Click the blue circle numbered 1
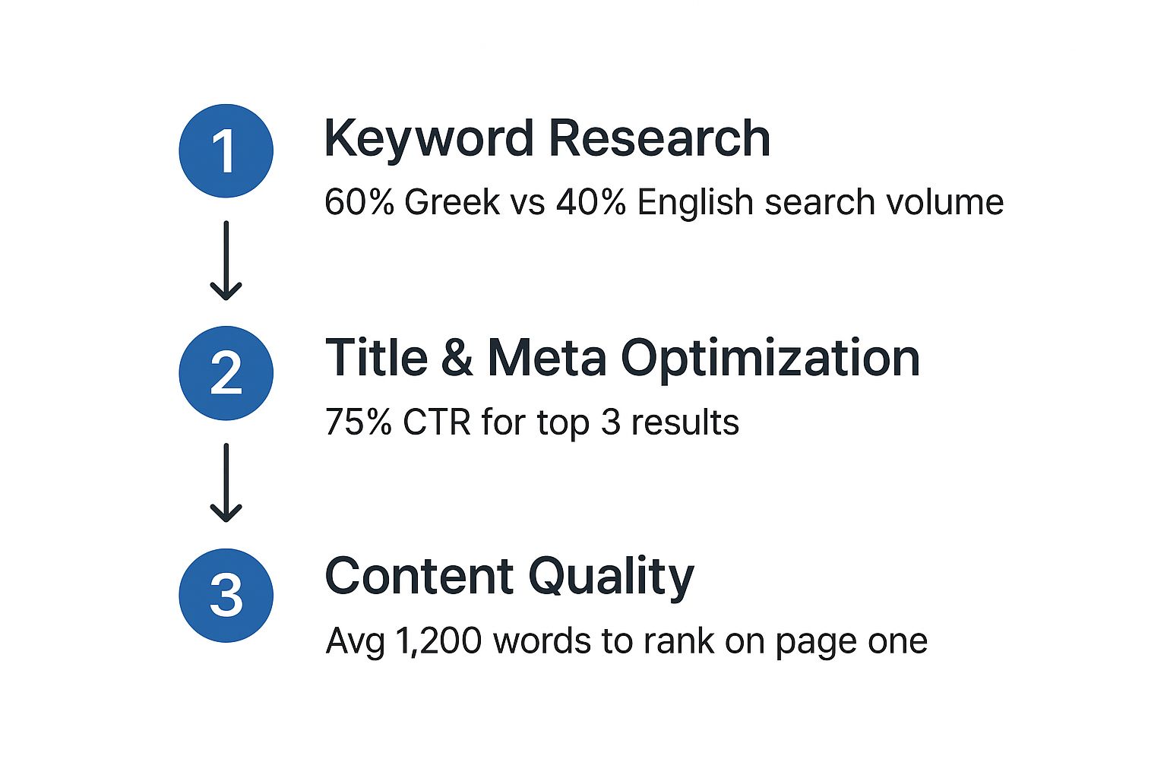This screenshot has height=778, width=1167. [x=226, y=150]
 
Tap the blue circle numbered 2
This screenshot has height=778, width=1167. [x=226, y=373]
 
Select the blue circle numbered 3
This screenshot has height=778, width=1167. [x=226, y=596]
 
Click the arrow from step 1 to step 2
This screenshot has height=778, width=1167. [x=226, y=261]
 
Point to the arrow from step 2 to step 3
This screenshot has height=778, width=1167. [x=226, y=482]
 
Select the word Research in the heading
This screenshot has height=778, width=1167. [x=659, y=138]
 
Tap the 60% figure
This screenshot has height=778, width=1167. [x=359, y=202]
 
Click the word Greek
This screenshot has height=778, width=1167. [x=452, y=201]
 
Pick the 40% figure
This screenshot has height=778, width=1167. [x=591, y=202]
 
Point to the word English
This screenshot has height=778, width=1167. [x=695, y=202]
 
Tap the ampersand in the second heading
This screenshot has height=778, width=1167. [x=457, y=358]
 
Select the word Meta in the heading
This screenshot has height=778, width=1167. [x=546, y=358]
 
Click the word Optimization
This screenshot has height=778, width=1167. [x=770, y=360]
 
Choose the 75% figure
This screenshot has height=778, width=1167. [x=359, y=422]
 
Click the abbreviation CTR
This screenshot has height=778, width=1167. [x=437, y=422]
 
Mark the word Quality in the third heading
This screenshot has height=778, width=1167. [x=611, y=578]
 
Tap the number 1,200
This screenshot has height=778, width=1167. [x=438, y=641]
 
